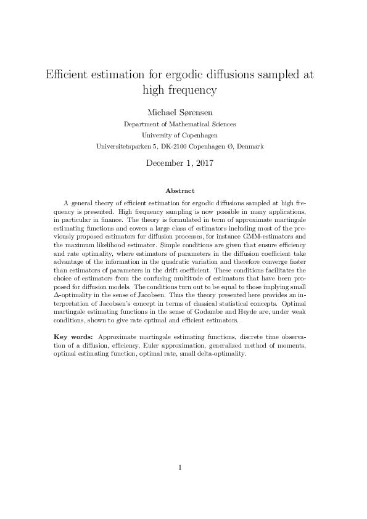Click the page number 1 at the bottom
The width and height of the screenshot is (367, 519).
180,467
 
